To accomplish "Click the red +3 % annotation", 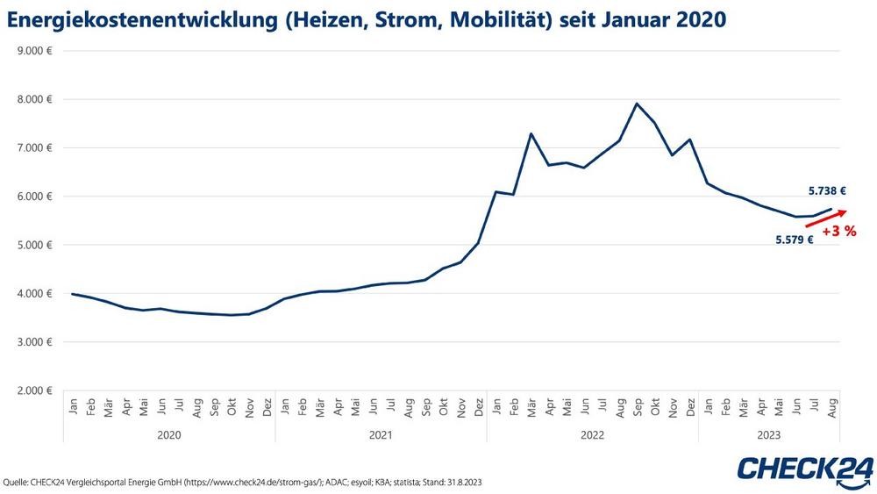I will click(838, 232).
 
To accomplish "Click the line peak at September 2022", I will click(636, 104).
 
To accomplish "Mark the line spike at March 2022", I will click(531, 134).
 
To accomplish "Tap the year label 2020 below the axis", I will click(169, 434).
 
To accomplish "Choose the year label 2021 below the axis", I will click(381, 434).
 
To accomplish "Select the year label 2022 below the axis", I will click(592, 434).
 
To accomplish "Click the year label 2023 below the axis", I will click(768, 434).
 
